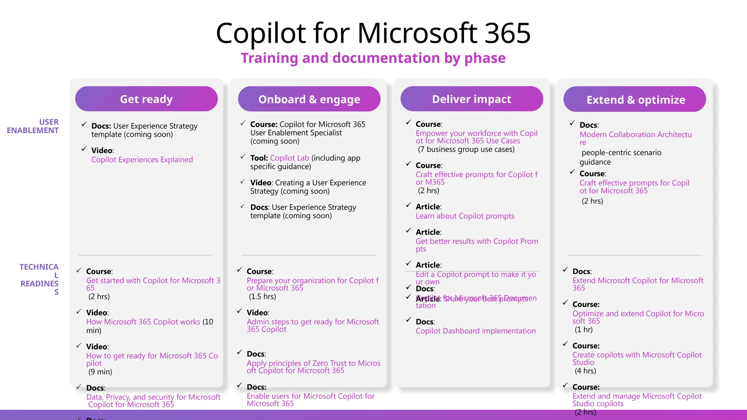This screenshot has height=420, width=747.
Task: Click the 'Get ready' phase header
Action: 146,99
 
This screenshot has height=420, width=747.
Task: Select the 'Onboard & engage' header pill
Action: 309,99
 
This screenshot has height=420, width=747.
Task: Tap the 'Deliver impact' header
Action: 472,99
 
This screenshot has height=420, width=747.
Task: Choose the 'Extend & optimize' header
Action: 635,100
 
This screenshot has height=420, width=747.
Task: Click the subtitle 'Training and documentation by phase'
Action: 373,58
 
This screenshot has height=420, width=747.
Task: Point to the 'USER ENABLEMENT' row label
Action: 33,126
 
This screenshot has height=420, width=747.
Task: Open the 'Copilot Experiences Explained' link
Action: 142,160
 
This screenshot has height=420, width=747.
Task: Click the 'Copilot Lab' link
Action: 289,158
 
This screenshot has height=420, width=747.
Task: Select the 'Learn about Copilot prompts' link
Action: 465,216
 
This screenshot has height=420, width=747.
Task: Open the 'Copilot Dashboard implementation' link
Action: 476,331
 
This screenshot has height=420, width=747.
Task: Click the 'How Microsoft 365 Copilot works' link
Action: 143,322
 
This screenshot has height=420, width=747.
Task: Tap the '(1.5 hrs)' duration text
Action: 262,296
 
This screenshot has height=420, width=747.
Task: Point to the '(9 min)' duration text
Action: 100,372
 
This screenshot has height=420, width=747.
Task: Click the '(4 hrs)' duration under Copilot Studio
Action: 585,371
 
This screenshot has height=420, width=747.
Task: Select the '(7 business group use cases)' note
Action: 466,149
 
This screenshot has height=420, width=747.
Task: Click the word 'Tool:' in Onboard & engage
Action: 259,158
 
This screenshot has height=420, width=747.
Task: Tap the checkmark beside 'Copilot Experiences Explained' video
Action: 84,149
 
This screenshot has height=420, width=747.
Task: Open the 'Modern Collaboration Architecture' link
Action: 635,135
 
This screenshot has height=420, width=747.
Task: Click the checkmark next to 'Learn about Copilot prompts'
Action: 409,205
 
